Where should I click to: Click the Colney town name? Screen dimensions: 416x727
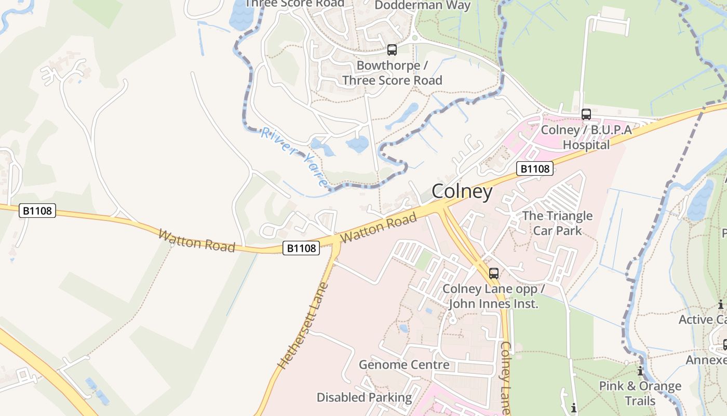tap(462, 191)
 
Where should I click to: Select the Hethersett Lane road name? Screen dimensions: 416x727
tap(304, 326)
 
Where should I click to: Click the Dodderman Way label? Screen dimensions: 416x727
tap(422, 6)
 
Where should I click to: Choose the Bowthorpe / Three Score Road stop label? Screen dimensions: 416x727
tap(392, 73)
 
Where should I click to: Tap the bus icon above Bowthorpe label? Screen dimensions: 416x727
tap(392, 50)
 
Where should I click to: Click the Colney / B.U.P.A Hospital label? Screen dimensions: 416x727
tap(586, 137)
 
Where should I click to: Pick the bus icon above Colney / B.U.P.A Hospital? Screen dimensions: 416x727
tap(586, 114)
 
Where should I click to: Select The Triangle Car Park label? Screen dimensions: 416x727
tap(557, 223)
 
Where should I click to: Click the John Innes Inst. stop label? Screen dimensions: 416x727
tap(493, 296)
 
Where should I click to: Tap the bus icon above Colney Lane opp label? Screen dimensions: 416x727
tap(494, 273)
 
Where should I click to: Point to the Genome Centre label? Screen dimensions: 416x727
tap(404, 365)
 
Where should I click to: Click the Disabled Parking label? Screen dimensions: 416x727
tap(364, 398)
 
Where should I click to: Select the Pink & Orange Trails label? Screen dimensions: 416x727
tap(640, 394)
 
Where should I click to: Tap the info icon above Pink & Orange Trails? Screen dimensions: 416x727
tap(640, 371)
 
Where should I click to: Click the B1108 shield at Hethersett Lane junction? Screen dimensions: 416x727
tap(301, 248)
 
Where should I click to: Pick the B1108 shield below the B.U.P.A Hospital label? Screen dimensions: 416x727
tap(535, 168)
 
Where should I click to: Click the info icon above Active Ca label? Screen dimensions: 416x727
tap(720, 305)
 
